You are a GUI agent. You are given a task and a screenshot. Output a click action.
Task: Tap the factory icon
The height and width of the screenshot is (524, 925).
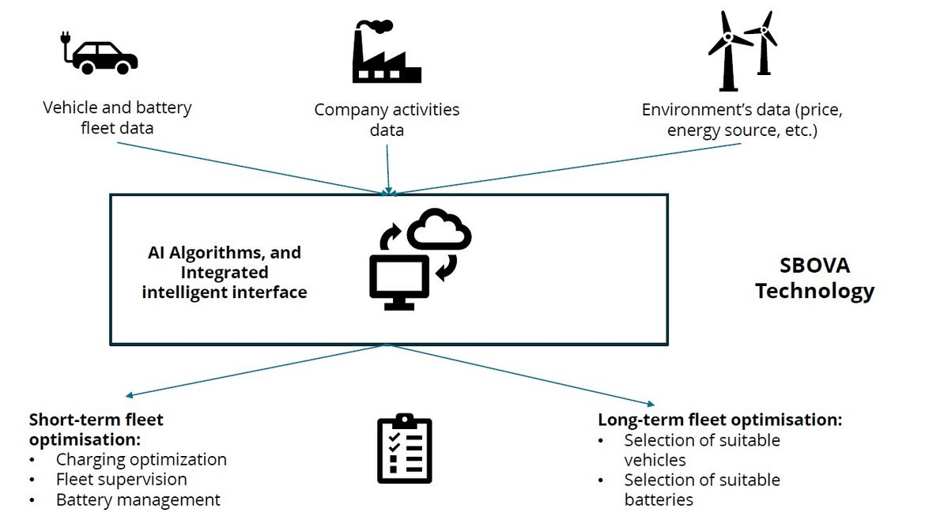(x=387, y=54)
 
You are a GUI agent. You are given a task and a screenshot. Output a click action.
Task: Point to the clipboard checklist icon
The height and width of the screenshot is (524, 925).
(x=404, y=448)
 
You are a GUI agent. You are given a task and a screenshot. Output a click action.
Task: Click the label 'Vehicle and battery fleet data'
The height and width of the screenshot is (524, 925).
(x=117, y=117)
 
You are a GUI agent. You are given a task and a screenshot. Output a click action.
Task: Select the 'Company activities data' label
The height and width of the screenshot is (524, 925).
(x=387, y=119)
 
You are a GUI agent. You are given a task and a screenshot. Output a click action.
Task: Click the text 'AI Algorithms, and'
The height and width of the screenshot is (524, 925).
(x=225, y=253)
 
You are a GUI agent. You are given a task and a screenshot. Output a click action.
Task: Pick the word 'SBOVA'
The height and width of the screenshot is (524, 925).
(x=814, y=266)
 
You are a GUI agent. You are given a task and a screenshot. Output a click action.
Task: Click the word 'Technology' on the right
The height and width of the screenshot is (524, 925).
(x=814, y=291)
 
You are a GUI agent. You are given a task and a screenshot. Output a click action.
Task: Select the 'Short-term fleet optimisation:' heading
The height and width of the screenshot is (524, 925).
(x=96, y=429)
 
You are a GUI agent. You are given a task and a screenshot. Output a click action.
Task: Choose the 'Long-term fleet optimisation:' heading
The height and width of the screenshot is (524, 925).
(x=719, y=420)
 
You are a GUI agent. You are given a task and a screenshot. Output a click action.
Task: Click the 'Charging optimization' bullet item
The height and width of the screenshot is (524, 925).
(x=141, y=459)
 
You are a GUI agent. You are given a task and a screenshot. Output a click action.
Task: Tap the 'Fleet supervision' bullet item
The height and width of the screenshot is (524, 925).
(x=121, y=479)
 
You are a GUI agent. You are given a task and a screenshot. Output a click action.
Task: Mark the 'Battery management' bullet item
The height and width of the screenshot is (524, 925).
(x=138, y=499)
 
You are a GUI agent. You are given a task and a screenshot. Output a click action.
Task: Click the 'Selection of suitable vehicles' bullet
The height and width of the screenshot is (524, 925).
(x=701, y=450)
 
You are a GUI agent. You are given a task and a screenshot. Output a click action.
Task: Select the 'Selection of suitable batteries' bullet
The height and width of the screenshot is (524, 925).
(x=701, y=489)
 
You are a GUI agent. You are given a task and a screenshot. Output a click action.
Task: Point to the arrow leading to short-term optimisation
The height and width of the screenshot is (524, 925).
(x=253, y=371)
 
